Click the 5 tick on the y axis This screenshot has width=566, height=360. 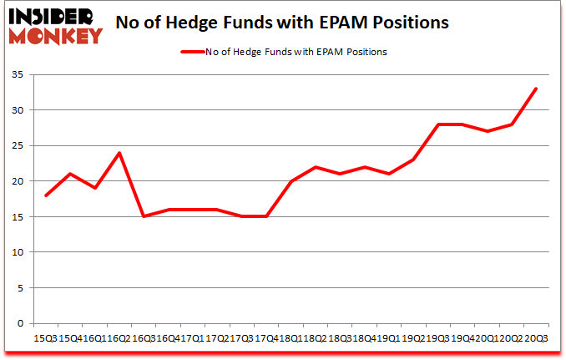[18, 288]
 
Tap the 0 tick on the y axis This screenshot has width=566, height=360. [18, 323]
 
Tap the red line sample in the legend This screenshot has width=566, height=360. [193, 52]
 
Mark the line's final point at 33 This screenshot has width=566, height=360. [536, 89]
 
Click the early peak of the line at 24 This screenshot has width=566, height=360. [120, 153]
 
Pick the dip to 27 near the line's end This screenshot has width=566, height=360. [488, 131]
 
